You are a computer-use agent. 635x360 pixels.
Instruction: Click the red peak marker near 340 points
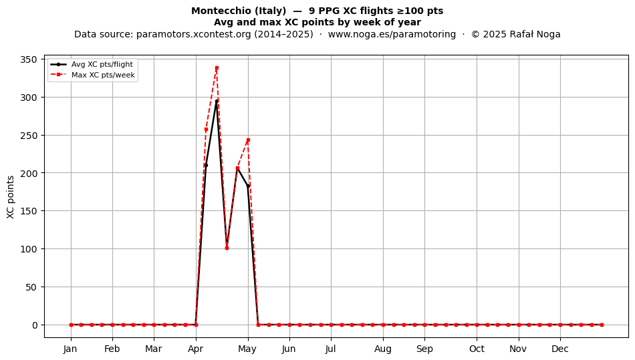(217, 68)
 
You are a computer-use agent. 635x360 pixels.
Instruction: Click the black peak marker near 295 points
(217, 102)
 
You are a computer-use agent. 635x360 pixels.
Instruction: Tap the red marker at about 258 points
(206, 130)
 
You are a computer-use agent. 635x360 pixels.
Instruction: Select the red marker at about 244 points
(248, 140)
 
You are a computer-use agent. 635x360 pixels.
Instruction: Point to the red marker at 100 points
(227, 248)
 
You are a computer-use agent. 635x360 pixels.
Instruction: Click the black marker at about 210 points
(206, 166)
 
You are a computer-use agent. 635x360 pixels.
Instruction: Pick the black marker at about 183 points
(248, 186)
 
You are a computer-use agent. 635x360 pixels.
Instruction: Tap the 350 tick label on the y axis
(29, 59)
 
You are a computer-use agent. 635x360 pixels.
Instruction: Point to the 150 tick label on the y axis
(29, 211)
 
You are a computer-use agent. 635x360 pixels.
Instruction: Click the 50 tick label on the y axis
(31, 287)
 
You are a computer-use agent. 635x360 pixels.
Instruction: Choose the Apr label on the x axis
(196, 349)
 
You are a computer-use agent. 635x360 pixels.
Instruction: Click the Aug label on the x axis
(383, 349)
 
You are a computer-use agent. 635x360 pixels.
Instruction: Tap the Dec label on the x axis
(560, 349)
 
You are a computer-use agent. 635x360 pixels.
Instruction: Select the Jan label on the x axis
(70, 349)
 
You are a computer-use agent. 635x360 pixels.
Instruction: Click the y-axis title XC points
(11, 198)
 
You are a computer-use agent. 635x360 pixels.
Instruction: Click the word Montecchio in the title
(219, 11)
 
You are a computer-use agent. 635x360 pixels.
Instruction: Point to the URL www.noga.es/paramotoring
(392, 34)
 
